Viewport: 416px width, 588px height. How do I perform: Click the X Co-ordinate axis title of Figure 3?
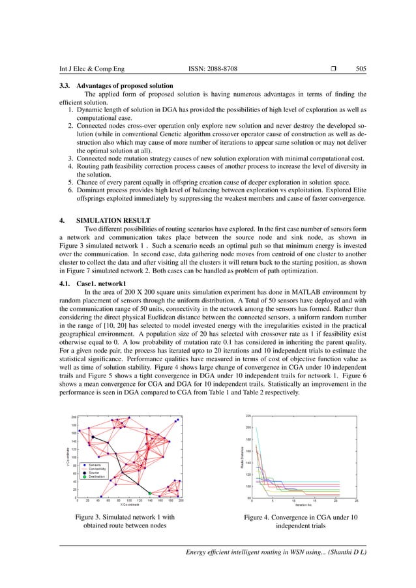129,504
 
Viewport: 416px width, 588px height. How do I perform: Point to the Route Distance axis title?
243,450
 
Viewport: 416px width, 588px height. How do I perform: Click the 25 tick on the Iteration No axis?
356,501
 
